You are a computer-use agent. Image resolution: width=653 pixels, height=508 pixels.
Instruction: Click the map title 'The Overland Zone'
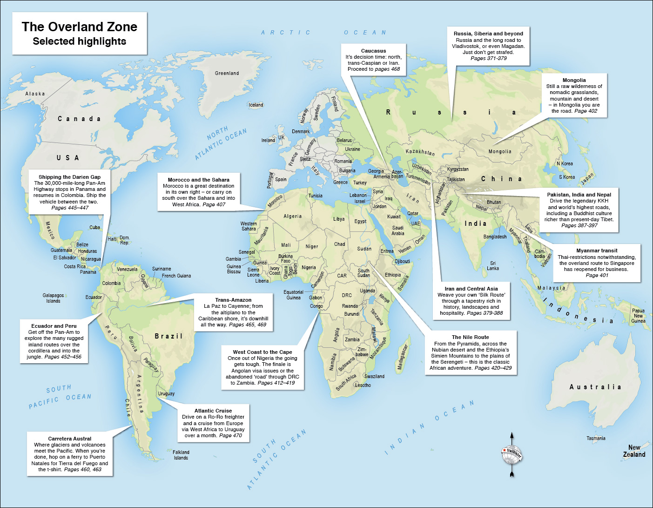[79, 27]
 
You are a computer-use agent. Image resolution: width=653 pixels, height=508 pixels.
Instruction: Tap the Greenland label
[227, 73]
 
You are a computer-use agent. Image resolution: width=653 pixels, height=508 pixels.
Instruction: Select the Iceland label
[256, 105]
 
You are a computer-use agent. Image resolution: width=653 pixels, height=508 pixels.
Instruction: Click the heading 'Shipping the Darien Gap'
[69, 177]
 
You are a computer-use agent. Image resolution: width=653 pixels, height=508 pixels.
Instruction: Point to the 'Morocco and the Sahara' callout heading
[198, 180]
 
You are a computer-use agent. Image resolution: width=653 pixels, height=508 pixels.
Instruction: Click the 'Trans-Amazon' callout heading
[233, 300]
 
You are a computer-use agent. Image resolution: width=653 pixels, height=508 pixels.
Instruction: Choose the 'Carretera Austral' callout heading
[69, 439]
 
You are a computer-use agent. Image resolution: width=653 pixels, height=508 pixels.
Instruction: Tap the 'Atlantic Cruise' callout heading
[213, 411]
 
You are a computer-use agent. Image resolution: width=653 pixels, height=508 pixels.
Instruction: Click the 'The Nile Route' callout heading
[470, 337]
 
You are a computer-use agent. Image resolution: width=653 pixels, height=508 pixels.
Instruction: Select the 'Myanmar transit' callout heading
[597, 251]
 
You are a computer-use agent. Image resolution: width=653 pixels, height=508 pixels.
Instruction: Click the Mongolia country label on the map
[500, 152]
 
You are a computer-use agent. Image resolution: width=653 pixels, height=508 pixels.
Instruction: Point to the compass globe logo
[512, 454]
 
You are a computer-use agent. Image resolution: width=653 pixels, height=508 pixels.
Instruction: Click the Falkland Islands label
[181, 455]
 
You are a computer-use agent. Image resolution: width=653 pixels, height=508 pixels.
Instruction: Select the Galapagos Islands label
[53, 298]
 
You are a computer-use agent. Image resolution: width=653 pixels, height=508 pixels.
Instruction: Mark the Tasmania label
[596, 438]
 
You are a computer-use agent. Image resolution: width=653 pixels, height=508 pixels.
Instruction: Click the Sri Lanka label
[493, 266]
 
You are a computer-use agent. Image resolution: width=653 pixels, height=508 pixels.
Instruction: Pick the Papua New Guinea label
[638, 316]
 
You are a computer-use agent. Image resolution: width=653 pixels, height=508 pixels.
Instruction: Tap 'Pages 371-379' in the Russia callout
[488, 58]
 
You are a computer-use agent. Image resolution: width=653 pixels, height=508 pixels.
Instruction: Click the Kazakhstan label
[420, 152]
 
